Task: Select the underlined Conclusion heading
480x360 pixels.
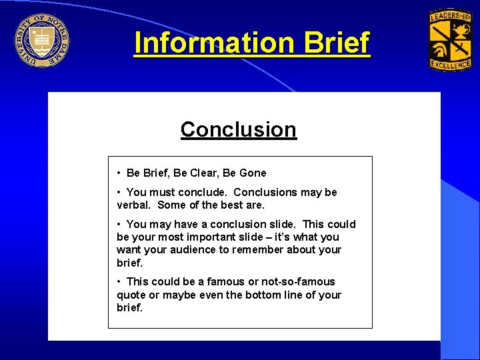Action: (238, 129)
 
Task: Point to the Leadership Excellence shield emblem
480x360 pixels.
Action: (449, 40)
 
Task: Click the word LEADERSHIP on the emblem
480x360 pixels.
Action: (449, 15)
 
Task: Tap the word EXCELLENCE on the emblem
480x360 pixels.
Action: (449, 65)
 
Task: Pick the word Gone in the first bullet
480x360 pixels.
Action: (253, 173)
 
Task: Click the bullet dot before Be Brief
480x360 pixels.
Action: (118, 173)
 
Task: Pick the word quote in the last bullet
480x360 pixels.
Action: (131, 295)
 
